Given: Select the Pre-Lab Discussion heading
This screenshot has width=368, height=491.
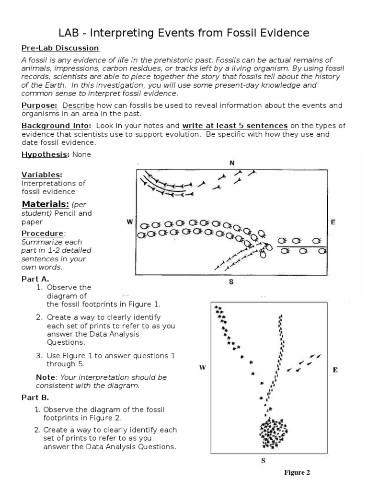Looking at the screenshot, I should coord(60,48).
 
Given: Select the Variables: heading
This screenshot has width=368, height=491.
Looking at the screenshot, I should coord(42,175).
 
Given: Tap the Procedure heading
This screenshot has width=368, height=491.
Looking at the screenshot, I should coord(43,233).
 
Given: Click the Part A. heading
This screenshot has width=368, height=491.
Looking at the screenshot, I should coord(35,279).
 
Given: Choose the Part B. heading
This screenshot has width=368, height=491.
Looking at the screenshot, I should coord(35,397).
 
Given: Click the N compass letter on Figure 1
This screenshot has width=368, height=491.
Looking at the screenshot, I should coord(232,163).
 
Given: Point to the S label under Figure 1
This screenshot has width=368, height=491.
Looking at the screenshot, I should coord(231,282).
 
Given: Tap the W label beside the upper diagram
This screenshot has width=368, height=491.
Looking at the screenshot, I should coord(129,222).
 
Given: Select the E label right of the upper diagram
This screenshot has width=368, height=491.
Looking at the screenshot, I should coord(333,222).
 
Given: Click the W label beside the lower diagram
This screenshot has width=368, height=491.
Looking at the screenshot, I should coord(202,368).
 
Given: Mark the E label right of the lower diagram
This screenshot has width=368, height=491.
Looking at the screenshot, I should coord(335,370).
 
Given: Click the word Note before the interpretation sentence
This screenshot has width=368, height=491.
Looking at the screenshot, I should coord(46,377).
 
